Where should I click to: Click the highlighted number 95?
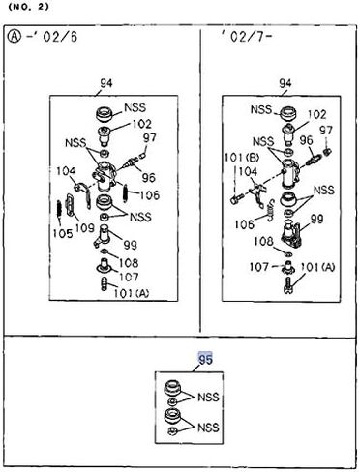[205, 359]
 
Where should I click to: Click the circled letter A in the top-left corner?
[14, 36]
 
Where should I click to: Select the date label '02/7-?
[246, 36]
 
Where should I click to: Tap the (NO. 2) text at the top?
[28, 7]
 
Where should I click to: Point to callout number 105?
[63, 233]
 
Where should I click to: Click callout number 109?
[85, 228]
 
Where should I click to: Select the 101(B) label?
[242, 158]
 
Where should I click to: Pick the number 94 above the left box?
[106, 83]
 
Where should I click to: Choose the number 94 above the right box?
[285, 83]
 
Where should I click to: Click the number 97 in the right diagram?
[326, 131]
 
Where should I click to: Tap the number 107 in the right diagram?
[259, 267]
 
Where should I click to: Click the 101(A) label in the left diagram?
[132, 293]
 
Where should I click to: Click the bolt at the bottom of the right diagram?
[288, 285]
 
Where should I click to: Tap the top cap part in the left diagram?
[105, 115]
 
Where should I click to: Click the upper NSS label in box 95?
[208, 397]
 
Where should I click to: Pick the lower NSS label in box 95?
[208, 428]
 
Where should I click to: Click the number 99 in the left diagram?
[131, 245]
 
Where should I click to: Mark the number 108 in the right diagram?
[263, 241]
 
